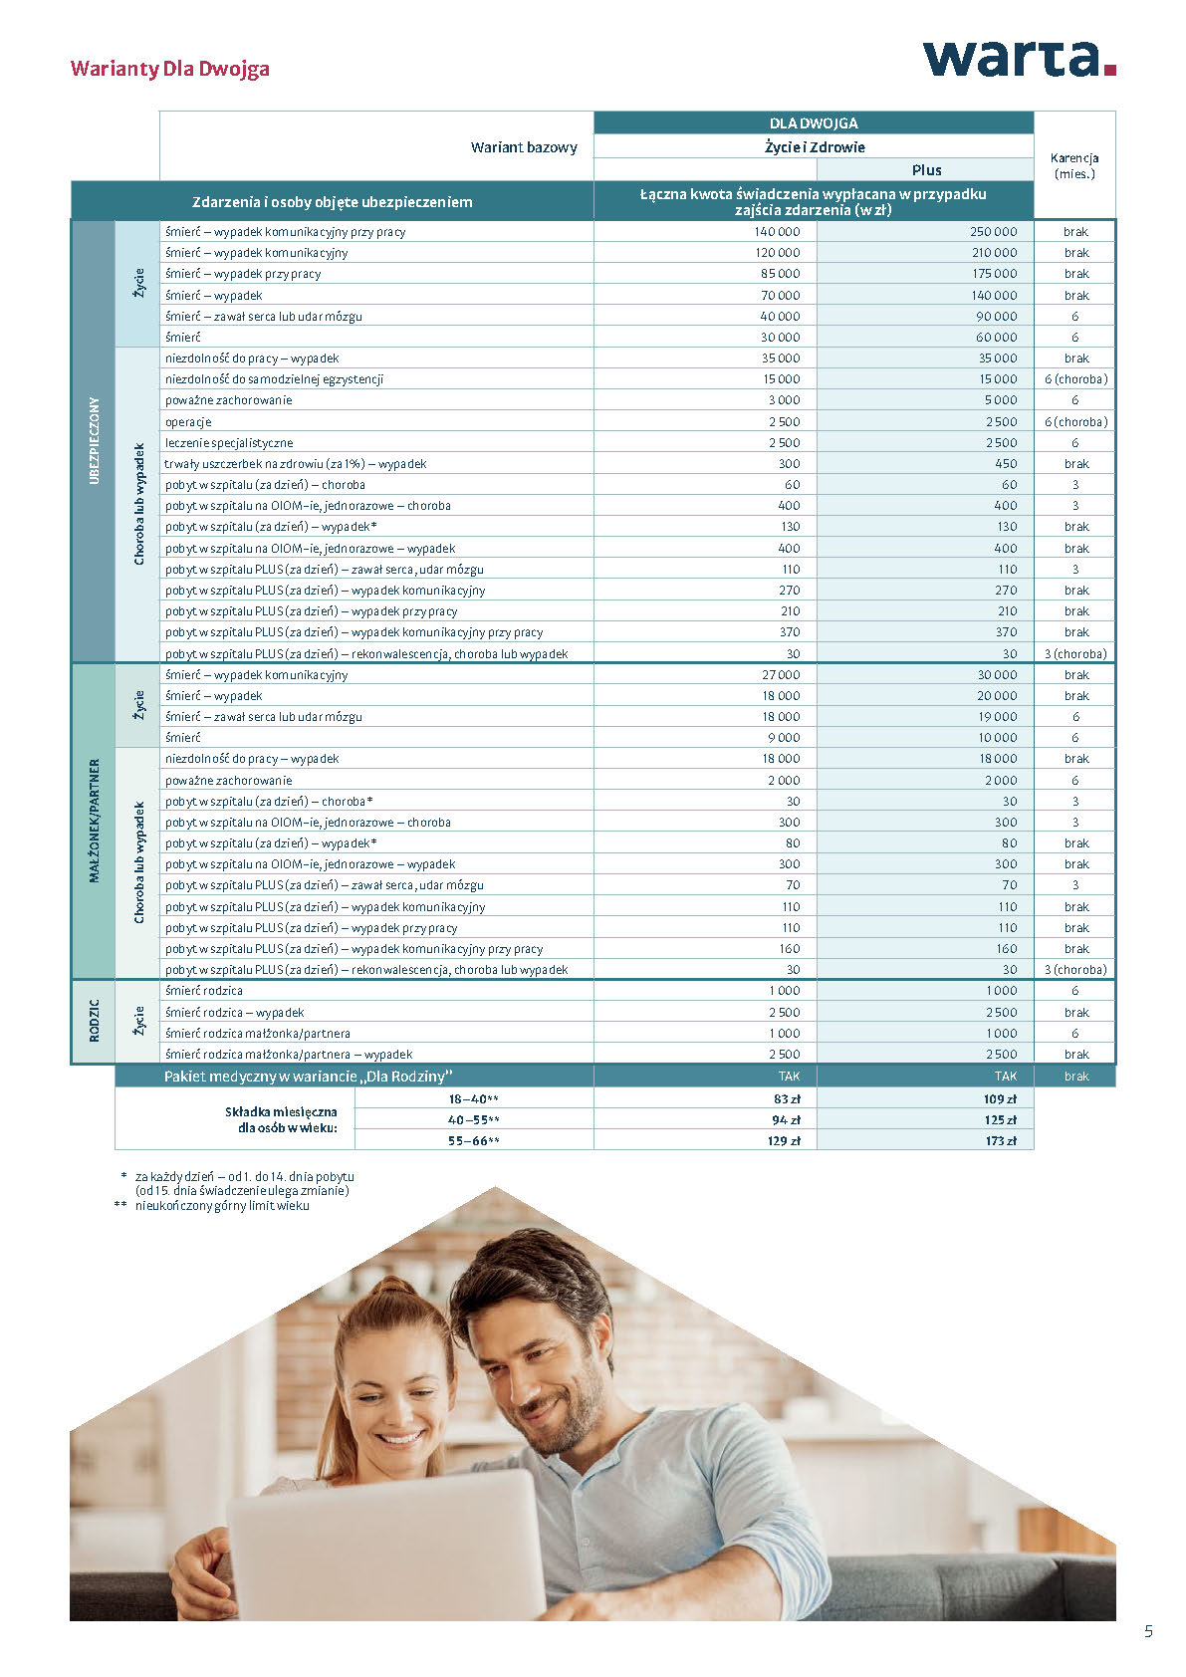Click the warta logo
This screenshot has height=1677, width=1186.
click(1019, 59)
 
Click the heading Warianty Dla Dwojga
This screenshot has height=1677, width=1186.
click(169, 69)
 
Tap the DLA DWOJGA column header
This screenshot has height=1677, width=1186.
click(814, 123)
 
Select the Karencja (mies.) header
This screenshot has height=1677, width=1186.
click(1074, 165)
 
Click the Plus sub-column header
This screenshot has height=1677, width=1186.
click(926, 170)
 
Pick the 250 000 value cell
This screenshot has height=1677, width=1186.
click(993, 232)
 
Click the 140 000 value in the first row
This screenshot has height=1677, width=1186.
click(777, 232)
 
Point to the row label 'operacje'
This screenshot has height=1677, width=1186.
click(188, 422)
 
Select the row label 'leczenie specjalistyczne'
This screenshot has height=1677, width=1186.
click(229, 443)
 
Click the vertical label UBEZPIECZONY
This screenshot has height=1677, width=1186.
click(94, 440)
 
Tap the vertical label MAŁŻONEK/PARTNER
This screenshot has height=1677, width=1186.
click(94, 821)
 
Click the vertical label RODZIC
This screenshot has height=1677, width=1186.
click(94, 1022)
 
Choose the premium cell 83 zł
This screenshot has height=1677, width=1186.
click(787, 1099)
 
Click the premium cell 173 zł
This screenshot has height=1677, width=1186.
click(1001, 1141)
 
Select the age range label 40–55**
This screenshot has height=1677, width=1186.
click(473, 1120)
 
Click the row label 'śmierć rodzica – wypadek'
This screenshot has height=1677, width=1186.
click(235, 1013)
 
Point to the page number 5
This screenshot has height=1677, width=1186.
click(1148, 1631)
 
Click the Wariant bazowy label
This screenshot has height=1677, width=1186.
click(524, 147)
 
